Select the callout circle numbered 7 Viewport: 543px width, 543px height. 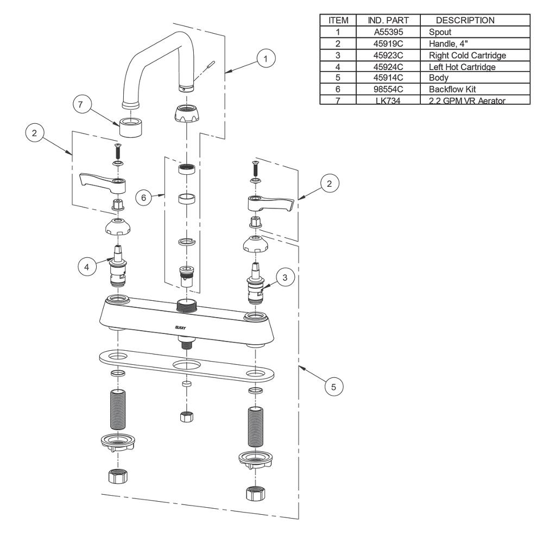point(82,105)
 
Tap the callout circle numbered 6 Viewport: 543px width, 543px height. point(144,198)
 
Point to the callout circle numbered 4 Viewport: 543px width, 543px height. point(86,267)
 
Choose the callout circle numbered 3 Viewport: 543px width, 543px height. point(287,277)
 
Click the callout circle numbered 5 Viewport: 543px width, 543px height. point(333,387)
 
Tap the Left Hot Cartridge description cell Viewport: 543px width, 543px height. point(462,67)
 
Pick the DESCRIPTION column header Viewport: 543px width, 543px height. point(465,21)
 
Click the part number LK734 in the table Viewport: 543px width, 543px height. point(388,100)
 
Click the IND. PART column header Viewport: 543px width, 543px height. point(388,21)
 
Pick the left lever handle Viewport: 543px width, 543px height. point(103,182)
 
